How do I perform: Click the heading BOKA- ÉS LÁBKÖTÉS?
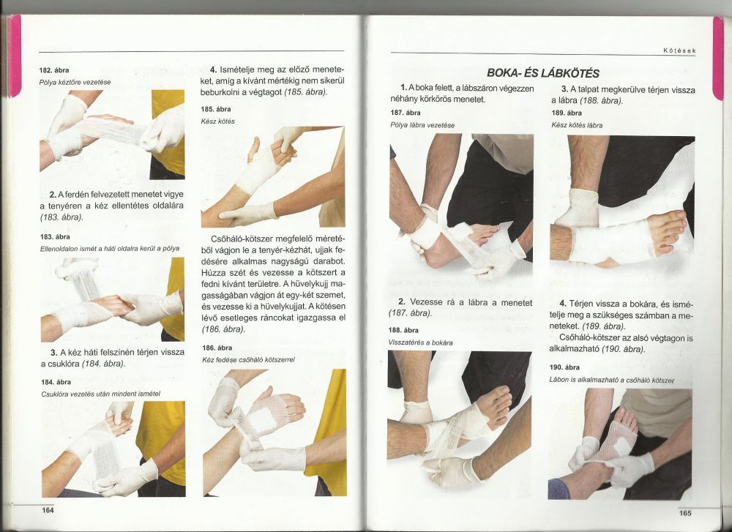[x=543, y=72]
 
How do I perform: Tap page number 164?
[x=48, y=511]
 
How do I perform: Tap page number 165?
[x=685, y=513]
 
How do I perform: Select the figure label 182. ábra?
[x=54, y=70]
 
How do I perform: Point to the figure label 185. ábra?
[x=216, y=109]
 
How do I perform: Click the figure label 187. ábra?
[x=406, y=113]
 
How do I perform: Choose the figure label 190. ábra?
[x=564, y=367]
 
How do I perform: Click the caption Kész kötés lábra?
[x=577, y=125]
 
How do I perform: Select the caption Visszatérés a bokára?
[x=420, y=342]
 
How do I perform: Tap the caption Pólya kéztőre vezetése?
[x=75, y=82]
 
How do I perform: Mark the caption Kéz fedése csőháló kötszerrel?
[x=248, y=360]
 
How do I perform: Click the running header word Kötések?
[x=679, y=50]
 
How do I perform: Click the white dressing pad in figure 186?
[x=261, y=419]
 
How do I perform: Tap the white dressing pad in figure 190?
[x=622, y=446]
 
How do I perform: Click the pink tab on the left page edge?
[x=15, y=56]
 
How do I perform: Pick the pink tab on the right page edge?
[x=717, y=59]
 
